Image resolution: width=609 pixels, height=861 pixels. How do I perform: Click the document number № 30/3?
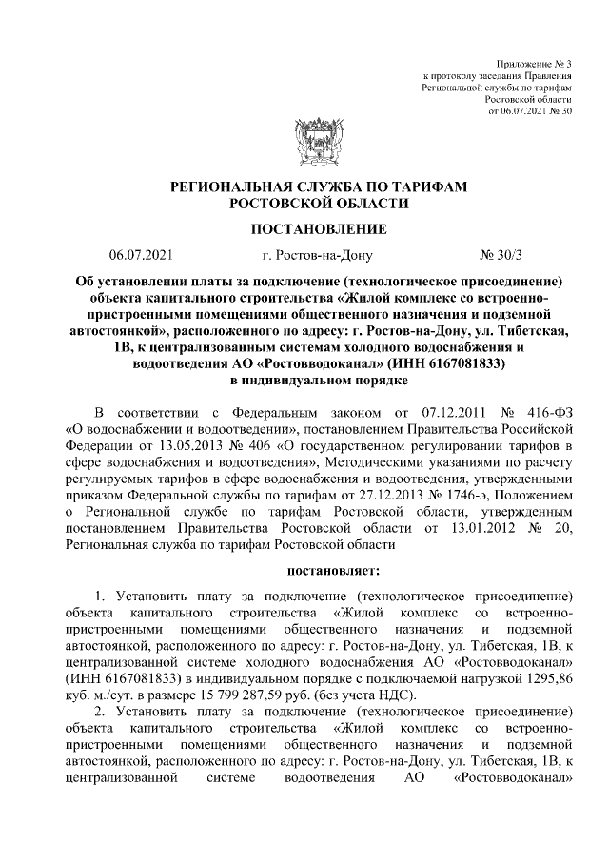[x=502, y=255]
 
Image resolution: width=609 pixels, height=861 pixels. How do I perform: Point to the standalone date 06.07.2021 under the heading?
[x=141, y=255]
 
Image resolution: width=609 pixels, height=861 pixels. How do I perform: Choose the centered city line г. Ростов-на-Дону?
[x=317, y=255]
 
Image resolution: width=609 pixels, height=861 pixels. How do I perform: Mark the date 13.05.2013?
[x=185, y=446]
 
